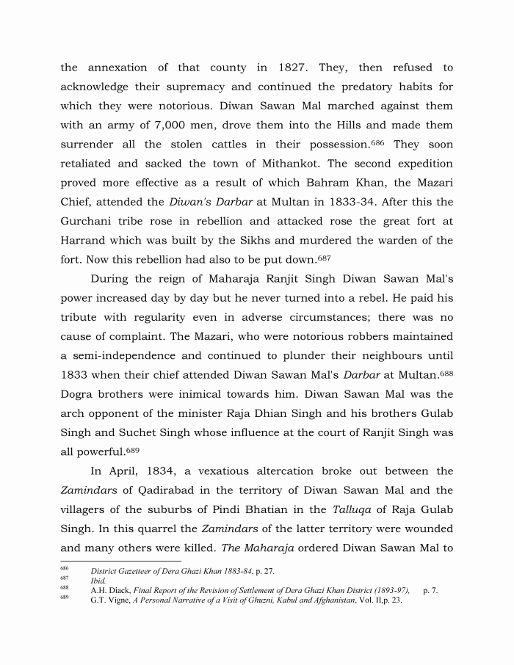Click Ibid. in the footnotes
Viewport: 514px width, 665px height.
click(x=98, y=580)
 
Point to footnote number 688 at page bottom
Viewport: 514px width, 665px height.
click(x=64, y=588)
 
